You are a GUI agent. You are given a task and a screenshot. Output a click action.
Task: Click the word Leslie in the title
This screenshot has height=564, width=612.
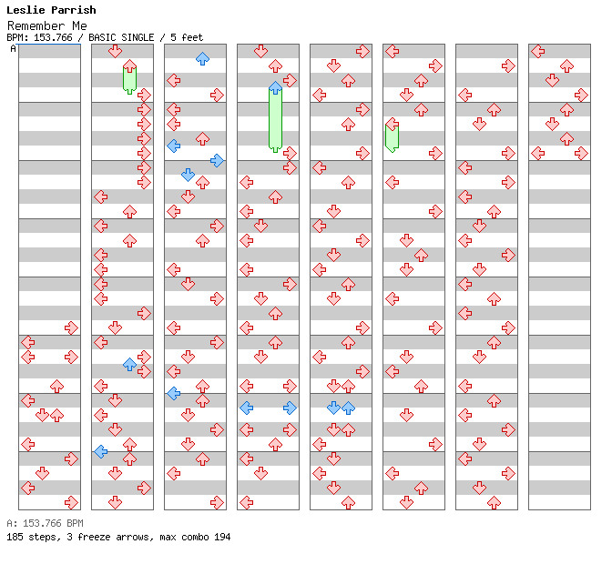point(25,10)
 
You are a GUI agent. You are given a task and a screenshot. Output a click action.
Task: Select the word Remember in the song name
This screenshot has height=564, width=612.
point(41,25)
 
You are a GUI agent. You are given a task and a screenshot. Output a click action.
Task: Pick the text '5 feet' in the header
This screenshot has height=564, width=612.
point(186,37)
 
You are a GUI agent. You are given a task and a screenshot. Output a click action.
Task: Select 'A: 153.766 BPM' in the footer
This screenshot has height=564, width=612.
point(45,523)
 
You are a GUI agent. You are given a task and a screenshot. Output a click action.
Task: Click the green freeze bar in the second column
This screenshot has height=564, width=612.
point(129,79)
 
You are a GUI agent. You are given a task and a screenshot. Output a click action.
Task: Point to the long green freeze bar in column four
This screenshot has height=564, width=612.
point(275,118)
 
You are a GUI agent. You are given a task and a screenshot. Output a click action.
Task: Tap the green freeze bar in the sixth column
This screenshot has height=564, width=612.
point(392,136)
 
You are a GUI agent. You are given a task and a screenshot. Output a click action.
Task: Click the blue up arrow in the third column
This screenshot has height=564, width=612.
point(202,58)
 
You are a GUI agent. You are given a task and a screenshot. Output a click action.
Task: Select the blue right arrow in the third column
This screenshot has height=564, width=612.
point(217,160)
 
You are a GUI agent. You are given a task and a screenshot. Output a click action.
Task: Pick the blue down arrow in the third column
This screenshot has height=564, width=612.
point(188,175)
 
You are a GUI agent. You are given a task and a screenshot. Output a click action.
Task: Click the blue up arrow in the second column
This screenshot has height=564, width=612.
point(129,364)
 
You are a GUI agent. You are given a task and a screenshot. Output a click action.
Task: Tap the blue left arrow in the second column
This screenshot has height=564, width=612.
point(100,451)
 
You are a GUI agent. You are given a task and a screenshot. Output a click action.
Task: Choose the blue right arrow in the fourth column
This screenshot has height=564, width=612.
point(290,408)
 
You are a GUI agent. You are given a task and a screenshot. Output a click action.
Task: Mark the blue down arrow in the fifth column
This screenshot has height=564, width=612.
point(333,408)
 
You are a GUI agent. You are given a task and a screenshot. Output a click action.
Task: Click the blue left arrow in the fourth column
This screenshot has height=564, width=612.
point(246,408)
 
